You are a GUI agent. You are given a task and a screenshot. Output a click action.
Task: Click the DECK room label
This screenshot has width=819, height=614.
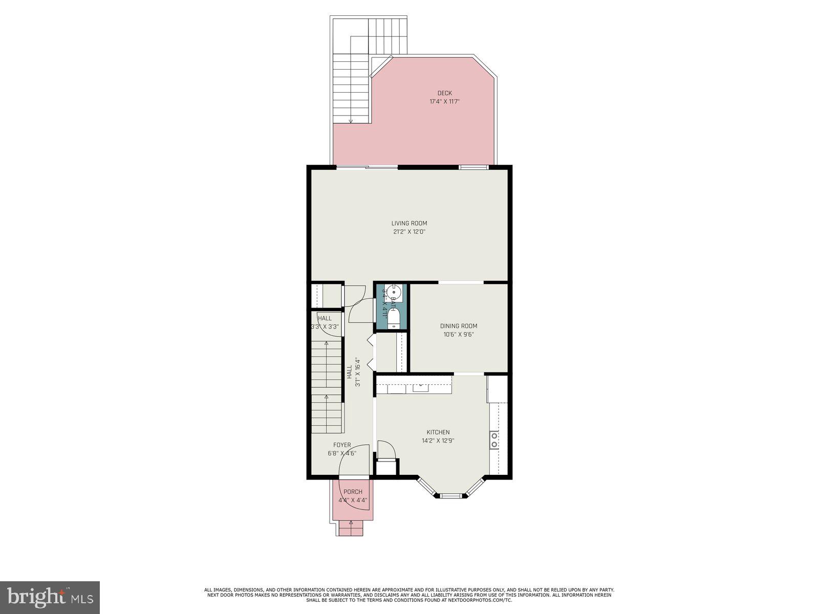click(444, 93)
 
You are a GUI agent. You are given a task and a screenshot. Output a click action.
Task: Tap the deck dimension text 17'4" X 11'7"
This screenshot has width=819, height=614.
click(444, 101)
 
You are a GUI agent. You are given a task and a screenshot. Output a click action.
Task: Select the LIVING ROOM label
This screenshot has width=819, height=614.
click(409, 223)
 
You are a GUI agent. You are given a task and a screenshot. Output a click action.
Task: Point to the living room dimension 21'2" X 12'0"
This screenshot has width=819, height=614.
click(409, 231)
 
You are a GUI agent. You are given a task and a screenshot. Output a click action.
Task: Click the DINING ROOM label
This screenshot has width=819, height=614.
click(459, 326)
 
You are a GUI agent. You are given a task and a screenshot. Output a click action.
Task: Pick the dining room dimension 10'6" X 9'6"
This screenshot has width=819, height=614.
click(459, 335)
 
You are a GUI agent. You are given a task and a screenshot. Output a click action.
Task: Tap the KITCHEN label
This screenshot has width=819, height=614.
click(438, 432)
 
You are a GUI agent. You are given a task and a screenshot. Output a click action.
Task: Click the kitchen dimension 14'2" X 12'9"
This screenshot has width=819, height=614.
click(438, 441)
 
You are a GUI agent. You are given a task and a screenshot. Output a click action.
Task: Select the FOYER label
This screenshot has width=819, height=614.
click(342, 445)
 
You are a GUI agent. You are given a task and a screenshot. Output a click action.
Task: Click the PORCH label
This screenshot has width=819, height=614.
click(353, 492)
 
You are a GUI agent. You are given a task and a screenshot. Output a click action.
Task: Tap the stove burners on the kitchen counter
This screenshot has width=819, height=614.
click(494, 440)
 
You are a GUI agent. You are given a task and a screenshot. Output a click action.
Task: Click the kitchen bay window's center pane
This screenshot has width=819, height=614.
click(450, 495)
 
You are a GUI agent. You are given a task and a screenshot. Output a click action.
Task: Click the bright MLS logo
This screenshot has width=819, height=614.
click(50, 597)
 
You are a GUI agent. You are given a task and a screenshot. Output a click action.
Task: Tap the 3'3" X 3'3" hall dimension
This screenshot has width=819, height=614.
click(325, 326)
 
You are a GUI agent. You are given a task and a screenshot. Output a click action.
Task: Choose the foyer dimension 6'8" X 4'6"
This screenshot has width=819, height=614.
click(342, 453)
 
